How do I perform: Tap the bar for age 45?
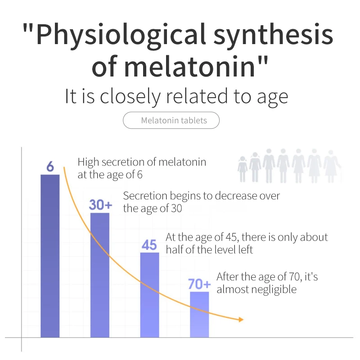[x=149, y=295]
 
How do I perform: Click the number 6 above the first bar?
[x=50, y=167]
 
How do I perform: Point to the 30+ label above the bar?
[x=100, y=205]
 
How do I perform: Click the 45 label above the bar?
[x=149, y=245]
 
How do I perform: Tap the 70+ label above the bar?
[x=199, y=284]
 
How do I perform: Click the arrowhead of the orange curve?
[x=241, y=319]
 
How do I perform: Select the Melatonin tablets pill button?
[x=171, y=121]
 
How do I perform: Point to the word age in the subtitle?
[x=273, y=96]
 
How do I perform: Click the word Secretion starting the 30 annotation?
[x=144, y=196]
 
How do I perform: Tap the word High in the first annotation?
[x=88, y=162]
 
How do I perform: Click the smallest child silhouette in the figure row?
[x=243, y=170]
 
